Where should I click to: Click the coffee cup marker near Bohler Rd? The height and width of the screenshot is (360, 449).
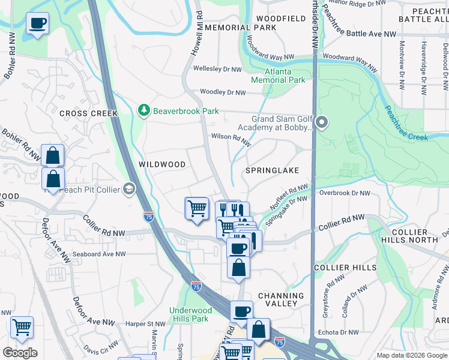(x=37, y=24)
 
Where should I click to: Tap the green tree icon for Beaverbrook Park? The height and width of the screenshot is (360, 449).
(x=143, y=110)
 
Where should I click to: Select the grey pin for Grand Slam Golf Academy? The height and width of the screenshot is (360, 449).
(x=322, y=122)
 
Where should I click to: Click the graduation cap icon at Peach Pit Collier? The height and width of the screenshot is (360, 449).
(x=128, y=190)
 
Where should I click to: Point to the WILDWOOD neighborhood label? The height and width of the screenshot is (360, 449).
(x=162, y=164)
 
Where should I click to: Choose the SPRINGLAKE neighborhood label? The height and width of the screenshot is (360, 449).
(x=272, y=170)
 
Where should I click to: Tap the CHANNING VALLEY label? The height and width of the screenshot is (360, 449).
(x=281, y=299)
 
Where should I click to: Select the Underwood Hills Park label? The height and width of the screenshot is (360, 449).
(x=189, y=314)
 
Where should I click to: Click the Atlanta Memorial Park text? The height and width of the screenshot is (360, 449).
(x=278, y=76)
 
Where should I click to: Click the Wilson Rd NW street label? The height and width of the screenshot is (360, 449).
(x=231, y=137)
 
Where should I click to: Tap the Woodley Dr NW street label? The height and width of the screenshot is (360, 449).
(x=223, y=92)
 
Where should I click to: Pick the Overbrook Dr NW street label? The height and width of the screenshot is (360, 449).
(x=345, y=193)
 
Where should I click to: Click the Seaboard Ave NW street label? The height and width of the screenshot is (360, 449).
(x=100, y=254)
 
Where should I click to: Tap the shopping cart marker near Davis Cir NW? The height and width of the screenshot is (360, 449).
(x=22, y=328)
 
